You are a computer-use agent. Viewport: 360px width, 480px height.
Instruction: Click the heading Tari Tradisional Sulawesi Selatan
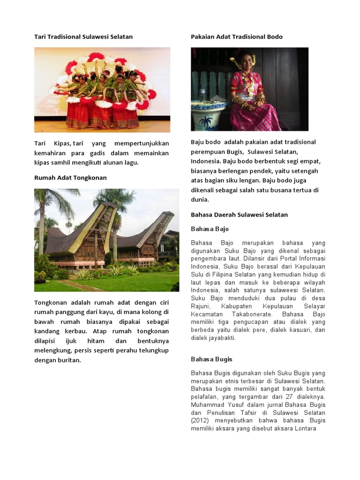[83, 37]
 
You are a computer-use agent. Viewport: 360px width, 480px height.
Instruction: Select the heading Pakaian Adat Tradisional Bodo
[237, 37]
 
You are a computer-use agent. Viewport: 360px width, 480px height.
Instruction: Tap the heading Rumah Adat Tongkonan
[70, 178]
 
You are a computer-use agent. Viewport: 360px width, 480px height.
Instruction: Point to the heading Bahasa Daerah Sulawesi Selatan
[239, 215]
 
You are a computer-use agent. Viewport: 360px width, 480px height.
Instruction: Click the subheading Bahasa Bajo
[210, 229]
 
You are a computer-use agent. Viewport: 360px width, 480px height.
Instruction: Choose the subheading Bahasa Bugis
[211, 359]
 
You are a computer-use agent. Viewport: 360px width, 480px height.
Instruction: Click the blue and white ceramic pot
[209, 114]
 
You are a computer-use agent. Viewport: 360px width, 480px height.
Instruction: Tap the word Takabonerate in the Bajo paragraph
[250, 314]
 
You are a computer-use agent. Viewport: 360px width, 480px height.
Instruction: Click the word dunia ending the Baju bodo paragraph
[199, 199]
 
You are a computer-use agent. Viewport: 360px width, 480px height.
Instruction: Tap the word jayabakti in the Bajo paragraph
[222, 337]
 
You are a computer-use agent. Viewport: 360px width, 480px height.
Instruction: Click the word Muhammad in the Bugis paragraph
[207, 405]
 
